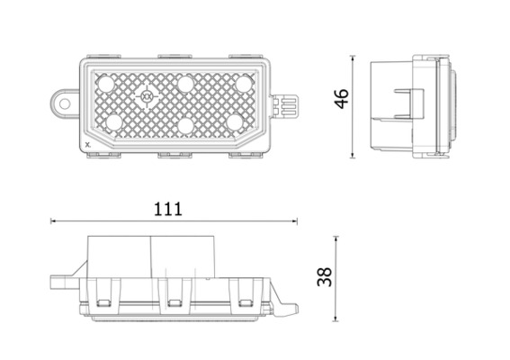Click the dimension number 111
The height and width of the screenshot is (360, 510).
168,209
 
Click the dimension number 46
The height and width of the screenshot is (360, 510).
342,98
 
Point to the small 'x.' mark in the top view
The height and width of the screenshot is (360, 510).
86,143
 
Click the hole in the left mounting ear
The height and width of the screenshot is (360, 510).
65,103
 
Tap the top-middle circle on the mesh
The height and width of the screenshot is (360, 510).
186,84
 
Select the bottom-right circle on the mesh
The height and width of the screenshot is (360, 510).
235,121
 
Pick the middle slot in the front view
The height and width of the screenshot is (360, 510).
175,292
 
